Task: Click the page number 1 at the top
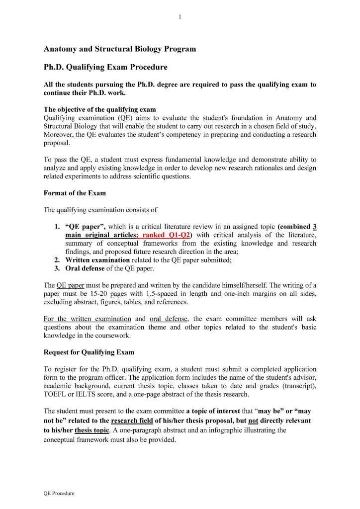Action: [x=180, y=17]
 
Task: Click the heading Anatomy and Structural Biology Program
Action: [x=120, y=49]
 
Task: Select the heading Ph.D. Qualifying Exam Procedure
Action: [x=105, y=67]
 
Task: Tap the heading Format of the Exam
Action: [x=75, y=192]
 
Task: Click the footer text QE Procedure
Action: [x=59, y=493]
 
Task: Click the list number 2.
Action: [x=57, y=260]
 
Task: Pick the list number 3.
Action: [x=57, y=269]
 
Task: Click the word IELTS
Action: [x=87, y=395]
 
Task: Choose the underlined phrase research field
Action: [x=132, y=421]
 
